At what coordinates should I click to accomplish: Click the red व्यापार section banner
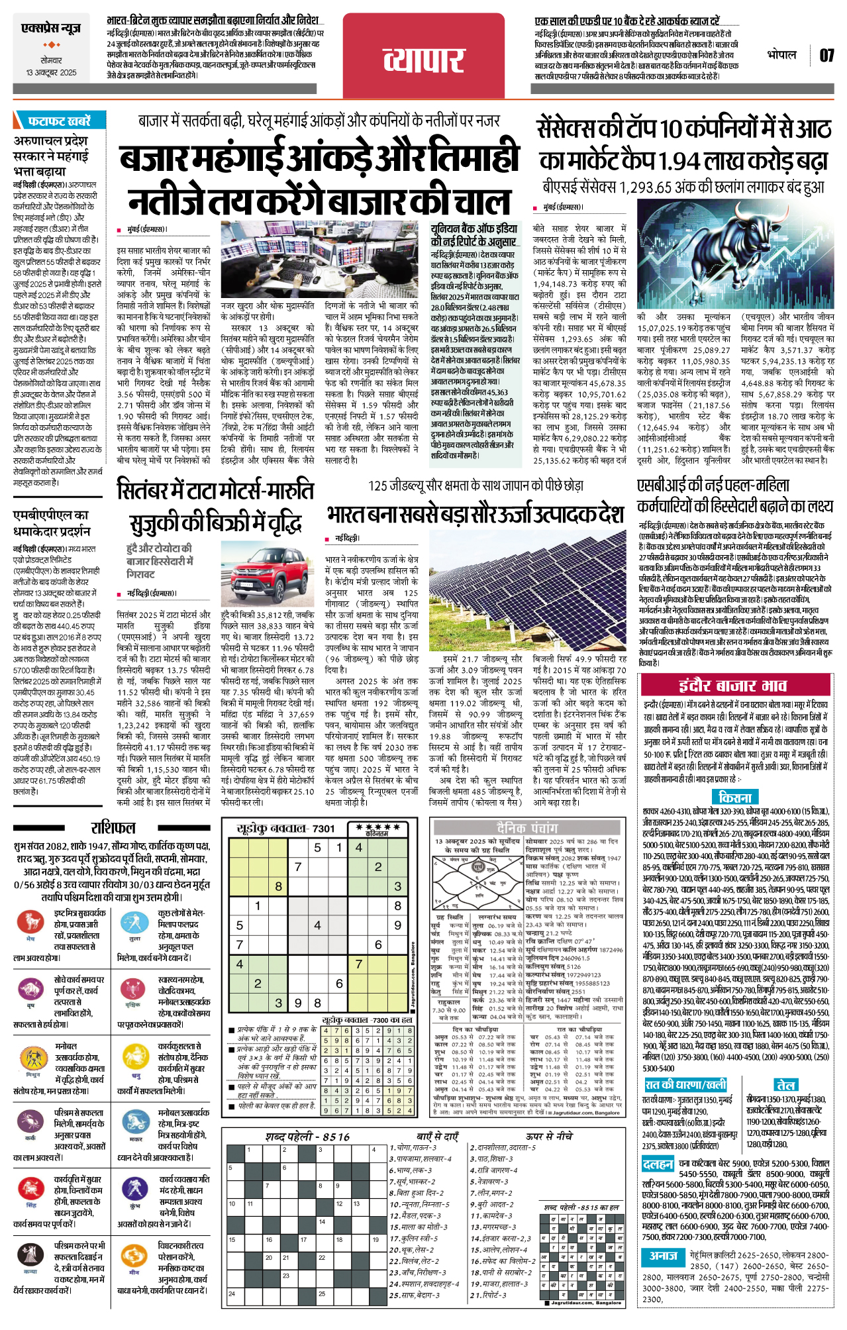pos(423,59)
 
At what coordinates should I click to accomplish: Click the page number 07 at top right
pos(826,55)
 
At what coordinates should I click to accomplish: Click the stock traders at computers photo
pos(269,260)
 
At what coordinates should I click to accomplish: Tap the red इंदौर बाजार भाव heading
pos(732,686)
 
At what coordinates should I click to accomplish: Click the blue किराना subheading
pos(734,797)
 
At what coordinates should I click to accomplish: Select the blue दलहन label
pos(658,1164)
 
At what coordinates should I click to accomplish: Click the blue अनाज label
pos(663,1256)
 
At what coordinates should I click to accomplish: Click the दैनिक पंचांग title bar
pos(527,827)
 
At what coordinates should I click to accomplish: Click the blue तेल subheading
pos(786,1085)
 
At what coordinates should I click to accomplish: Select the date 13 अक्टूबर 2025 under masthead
pos(51,72)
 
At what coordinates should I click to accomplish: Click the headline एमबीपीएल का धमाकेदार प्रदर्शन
pos(52,523)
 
